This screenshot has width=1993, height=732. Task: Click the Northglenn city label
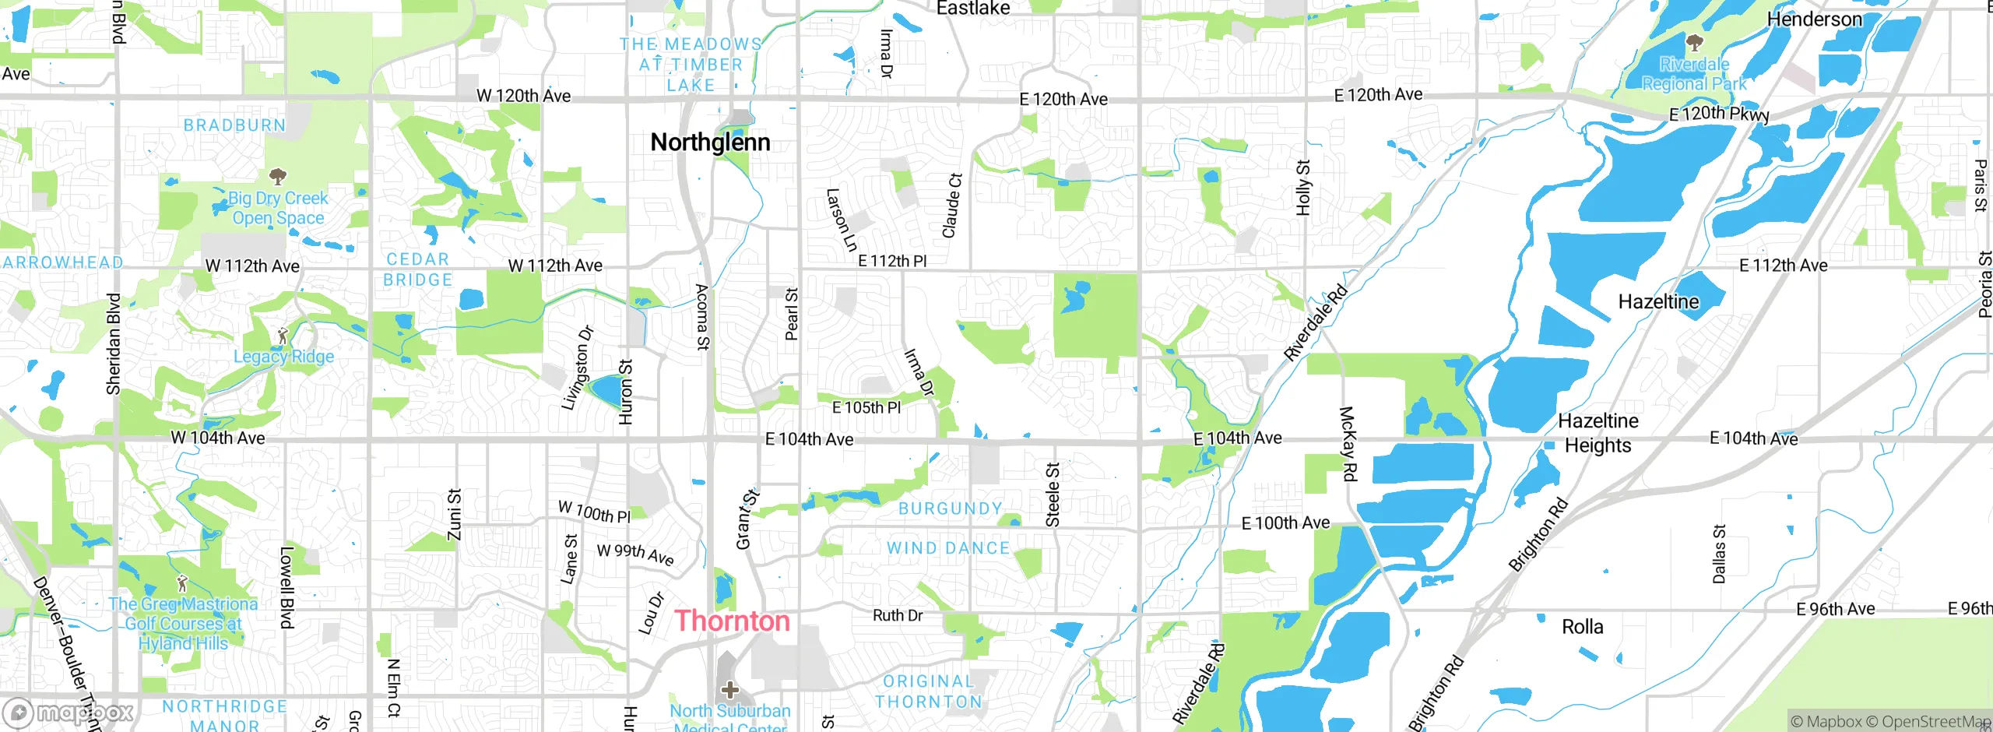[x=710, y=143]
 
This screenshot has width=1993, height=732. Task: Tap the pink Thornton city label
[x=732, y=621]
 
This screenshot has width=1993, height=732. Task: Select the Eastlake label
[x=973, y=9]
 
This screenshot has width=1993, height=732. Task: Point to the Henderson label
[x=1814, y=19]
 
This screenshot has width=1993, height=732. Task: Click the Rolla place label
[x=1583, y=627]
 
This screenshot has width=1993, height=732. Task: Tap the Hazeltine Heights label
[x=1598, y=433]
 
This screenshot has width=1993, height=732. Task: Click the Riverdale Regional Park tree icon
[x=1694, y=42]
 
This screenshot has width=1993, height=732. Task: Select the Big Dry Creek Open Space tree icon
[x=277, y=175]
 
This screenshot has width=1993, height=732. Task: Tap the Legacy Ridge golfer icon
[x=283, y=336]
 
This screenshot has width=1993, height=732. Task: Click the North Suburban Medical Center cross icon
[x=729, y=689]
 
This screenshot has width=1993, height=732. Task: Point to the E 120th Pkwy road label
[x=1719, y=114]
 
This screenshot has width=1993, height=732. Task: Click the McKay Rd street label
[x=1348, y=443]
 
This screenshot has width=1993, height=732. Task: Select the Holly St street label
[x=1303, y=188]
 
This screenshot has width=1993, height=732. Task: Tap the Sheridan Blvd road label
[x=114, y=343]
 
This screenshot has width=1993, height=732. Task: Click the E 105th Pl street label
[x=866, y=407]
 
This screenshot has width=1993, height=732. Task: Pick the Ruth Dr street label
[x=898, y=615]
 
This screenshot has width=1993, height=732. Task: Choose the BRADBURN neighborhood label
[x=234, y=125]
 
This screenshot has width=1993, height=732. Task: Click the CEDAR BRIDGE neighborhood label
[x=418, y=269]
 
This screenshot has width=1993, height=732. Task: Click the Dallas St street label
[x=1719, y=554]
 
